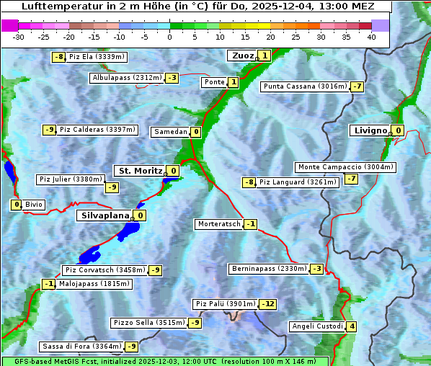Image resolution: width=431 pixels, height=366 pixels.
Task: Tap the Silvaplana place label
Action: [x=105, y=215]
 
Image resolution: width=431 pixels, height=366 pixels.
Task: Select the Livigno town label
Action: [x=370, y=130]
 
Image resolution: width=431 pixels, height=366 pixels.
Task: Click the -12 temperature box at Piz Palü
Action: [x=267, y=304]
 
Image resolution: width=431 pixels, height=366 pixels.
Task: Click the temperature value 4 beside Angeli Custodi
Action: [x=352, y=326]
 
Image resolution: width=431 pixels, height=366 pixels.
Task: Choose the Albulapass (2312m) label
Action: [x=127, y=78]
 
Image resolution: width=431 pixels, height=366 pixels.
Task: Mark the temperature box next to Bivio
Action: [x=16, y=205]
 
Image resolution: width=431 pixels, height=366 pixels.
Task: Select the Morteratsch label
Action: [x=218, y=224]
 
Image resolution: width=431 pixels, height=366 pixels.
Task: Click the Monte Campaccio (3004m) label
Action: [x=345, y=167]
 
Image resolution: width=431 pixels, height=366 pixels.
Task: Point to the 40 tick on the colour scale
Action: [x=371, y=37]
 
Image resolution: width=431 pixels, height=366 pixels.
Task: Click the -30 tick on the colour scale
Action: [x=19, y=37]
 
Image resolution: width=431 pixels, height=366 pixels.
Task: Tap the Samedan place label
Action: [x=170, y=132]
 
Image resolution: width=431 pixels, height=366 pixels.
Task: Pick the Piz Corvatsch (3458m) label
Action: [x=105, y=270]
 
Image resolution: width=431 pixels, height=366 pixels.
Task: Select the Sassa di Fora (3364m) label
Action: [x=81, y=347]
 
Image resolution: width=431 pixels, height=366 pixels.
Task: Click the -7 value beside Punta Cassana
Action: [x=357, y=87]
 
